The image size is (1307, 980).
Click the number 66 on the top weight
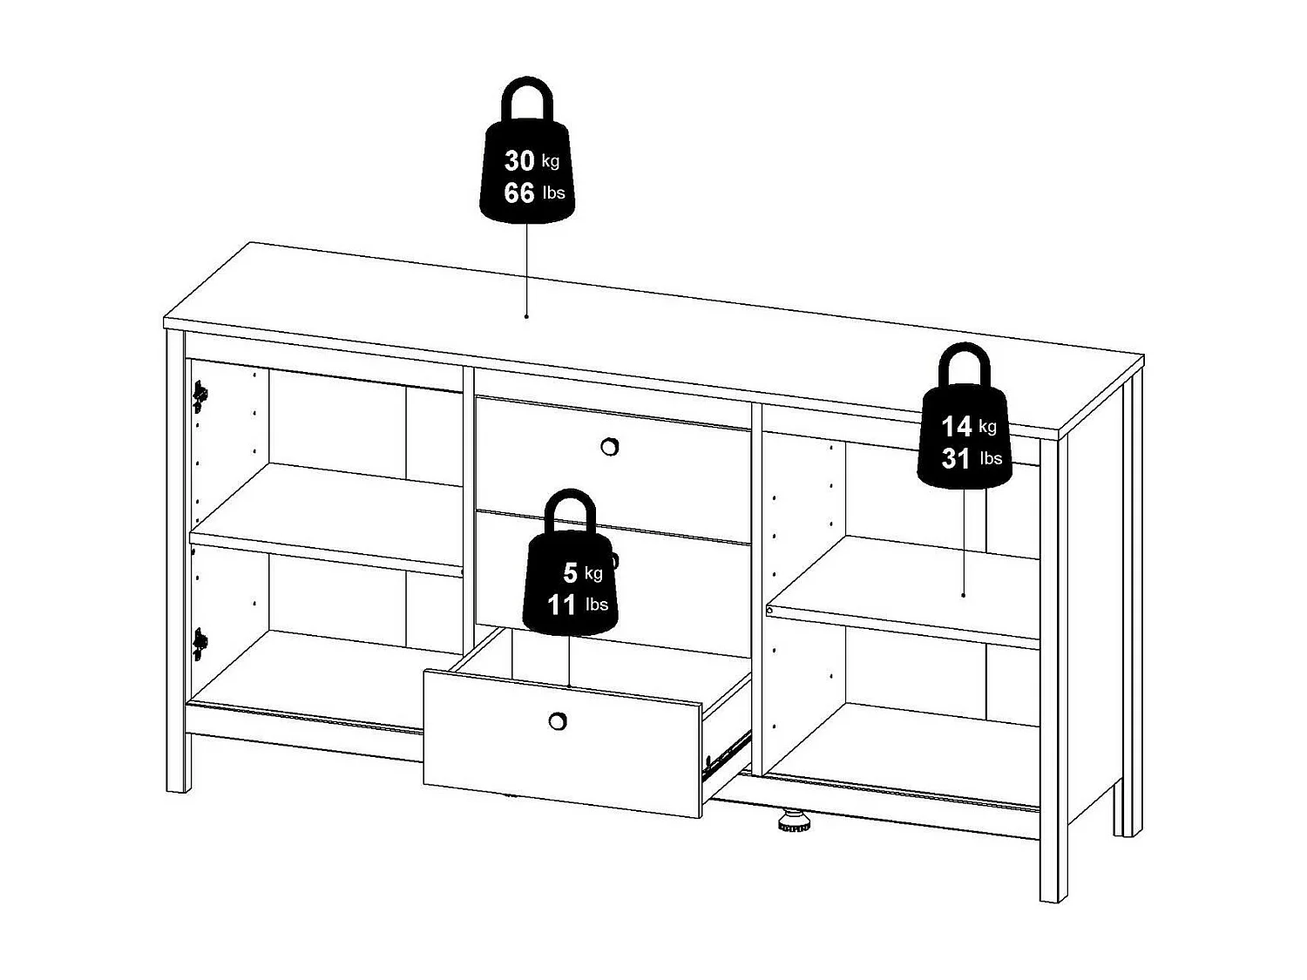click(x=519, y=193)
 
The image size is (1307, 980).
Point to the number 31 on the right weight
click(x=956, y=458)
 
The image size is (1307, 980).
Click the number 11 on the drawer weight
click(x=562, y=604)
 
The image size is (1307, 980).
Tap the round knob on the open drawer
click(x=558, y=721)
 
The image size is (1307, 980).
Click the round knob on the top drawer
click(x=610, y=447)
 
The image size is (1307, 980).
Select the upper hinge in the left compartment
click(x=200, y=396)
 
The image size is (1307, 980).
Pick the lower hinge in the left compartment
click(x=200, y=644)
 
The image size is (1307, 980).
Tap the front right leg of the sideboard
click(x=1053, y=862)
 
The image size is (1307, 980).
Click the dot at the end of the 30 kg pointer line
click(x=526, y=316)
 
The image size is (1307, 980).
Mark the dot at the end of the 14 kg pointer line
click(x=963, y=595)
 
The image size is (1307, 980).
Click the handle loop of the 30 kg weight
click(x=526, y=100)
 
